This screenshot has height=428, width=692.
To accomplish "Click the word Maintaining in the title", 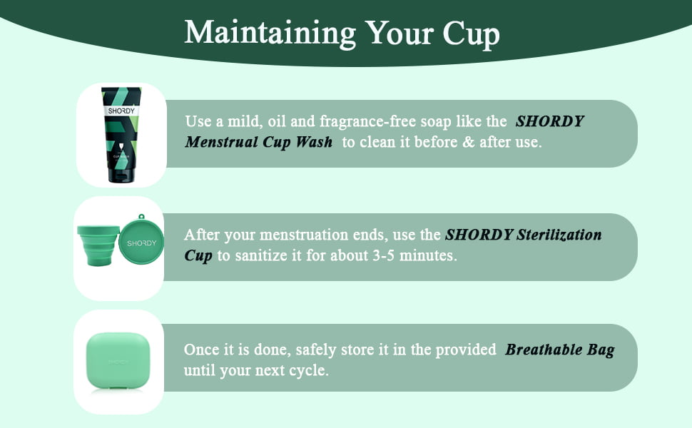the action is pos(270,34).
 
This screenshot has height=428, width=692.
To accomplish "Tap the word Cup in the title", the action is pos(471,34).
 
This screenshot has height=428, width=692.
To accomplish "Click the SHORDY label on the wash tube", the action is pos(121,111).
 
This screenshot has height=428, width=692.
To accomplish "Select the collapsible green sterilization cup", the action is pos(98,245).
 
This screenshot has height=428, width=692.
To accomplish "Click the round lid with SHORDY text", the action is pos(141,242).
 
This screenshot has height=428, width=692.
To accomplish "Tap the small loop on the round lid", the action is pos(141,217).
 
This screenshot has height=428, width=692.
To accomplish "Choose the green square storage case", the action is pos(118,360).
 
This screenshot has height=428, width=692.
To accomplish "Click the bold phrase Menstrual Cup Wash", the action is pos(259,142).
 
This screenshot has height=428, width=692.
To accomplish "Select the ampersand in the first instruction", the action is pos(468,142).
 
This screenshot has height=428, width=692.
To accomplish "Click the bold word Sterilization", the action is pos(559,234).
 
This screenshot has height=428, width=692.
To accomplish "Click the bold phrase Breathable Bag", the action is pos(560,350).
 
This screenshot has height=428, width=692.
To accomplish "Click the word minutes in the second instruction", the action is pos(428,255).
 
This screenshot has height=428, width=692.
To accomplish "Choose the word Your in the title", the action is pos(400,34).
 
